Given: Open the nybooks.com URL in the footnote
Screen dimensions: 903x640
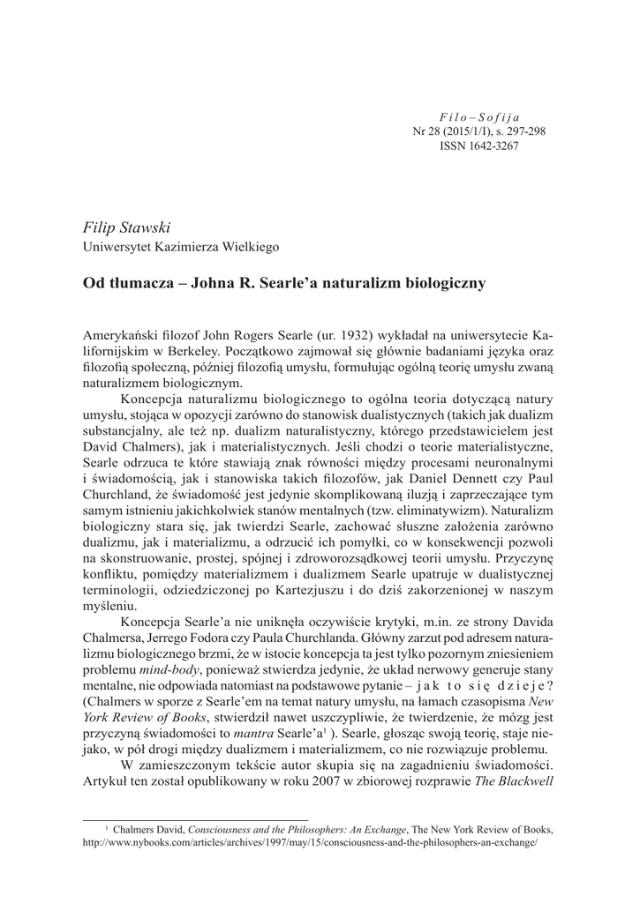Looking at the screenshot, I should click(308, 843).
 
